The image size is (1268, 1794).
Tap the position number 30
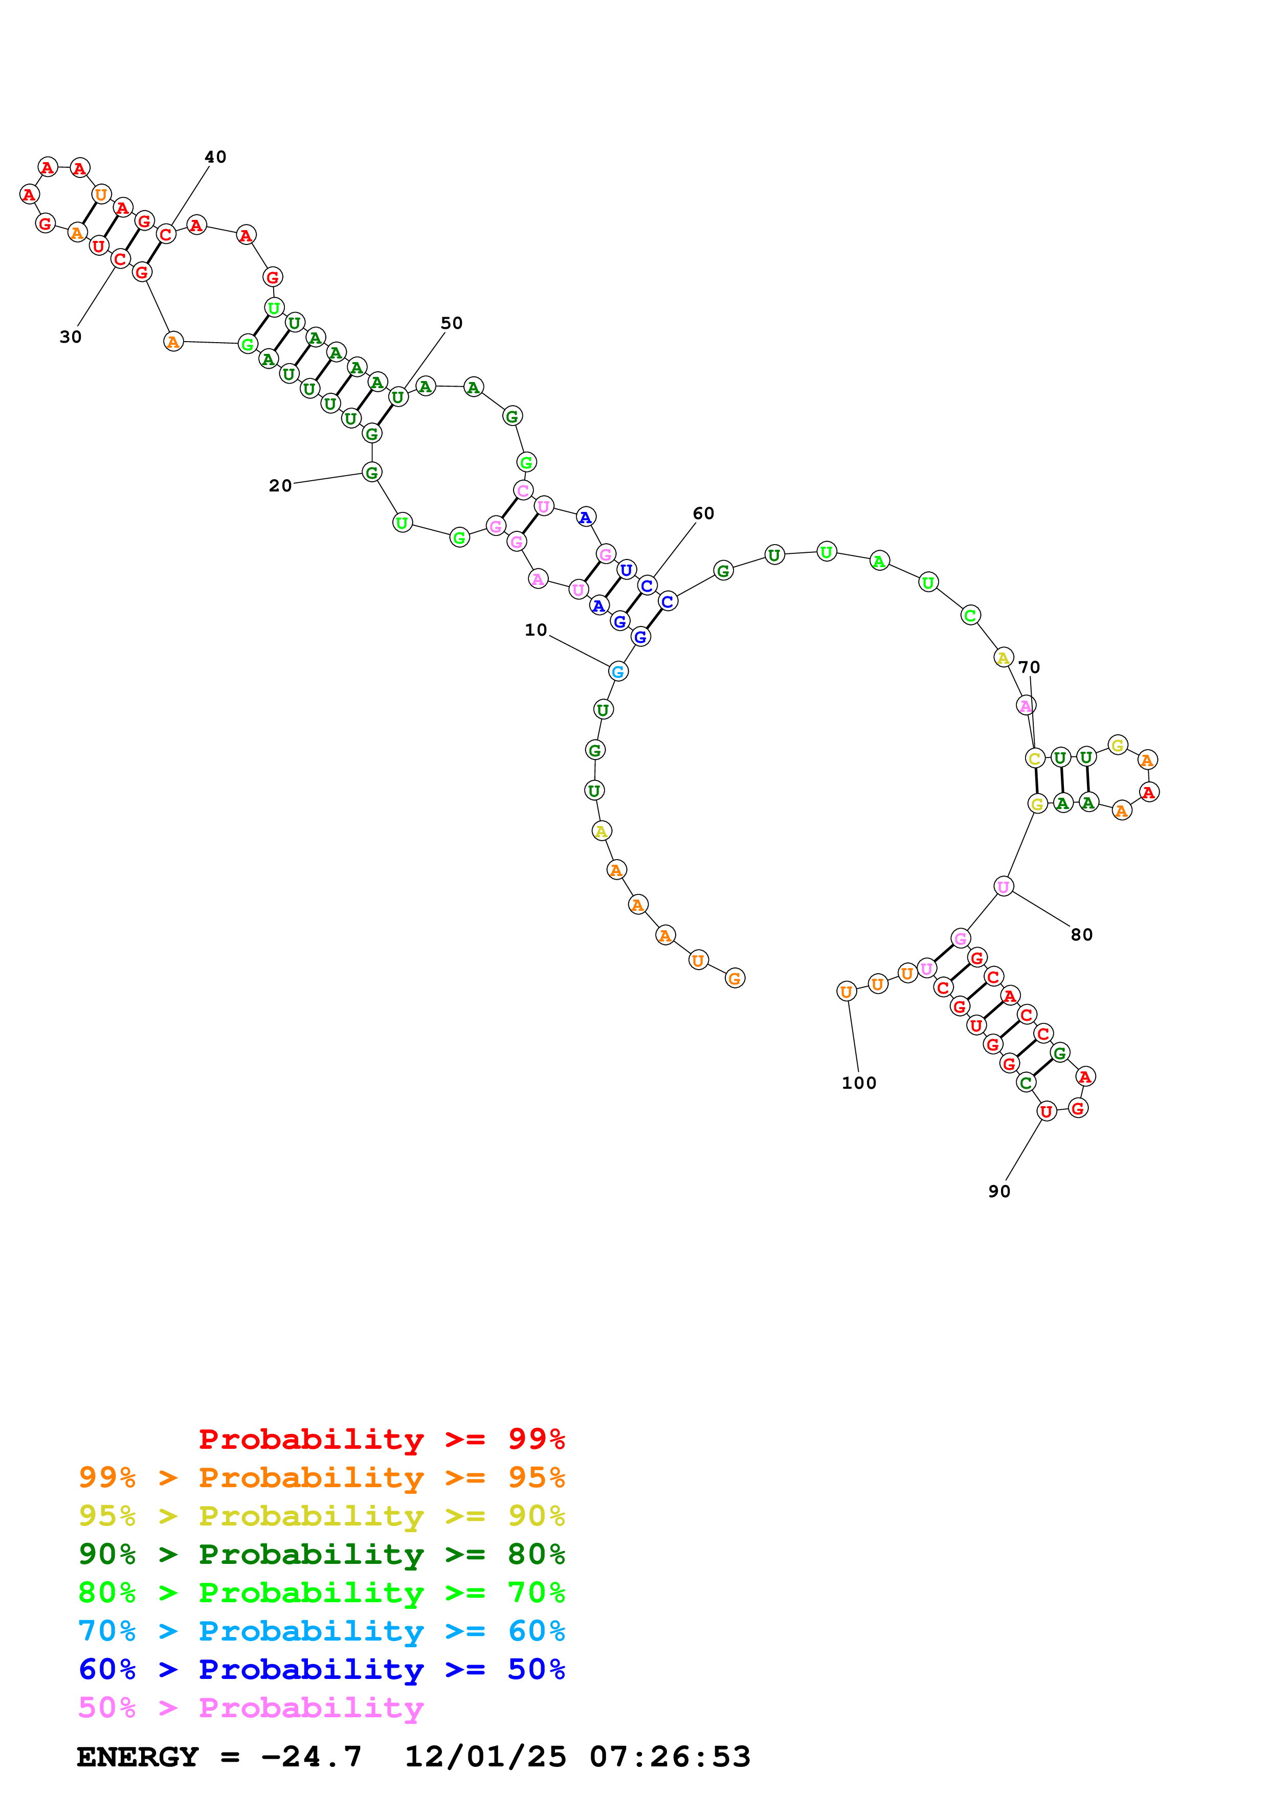click(70, 337)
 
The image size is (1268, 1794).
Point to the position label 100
click(859, 1083)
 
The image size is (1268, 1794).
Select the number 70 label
click(1029, 667)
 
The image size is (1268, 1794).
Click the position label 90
click(999, 1192)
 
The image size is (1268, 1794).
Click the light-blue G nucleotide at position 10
click(618, 671)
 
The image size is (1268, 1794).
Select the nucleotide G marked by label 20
click(372, 472)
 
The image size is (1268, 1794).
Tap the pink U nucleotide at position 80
click(1003, 886)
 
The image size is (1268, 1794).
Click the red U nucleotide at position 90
click(1046, 1111)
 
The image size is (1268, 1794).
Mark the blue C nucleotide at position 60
click(647, 585)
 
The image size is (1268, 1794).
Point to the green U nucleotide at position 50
click(397, 397)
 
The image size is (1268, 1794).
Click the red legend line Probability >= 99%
click(381, 1439)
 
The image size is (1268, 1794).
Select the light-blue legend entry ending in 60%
click(321, 1631)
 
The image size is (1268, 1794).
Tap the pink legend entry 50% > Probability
click(251, 1708)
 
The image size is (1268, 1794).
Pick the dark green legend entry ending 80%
click(321, 1555)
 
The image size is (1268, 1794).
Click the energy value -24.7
click(311, 1757)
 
